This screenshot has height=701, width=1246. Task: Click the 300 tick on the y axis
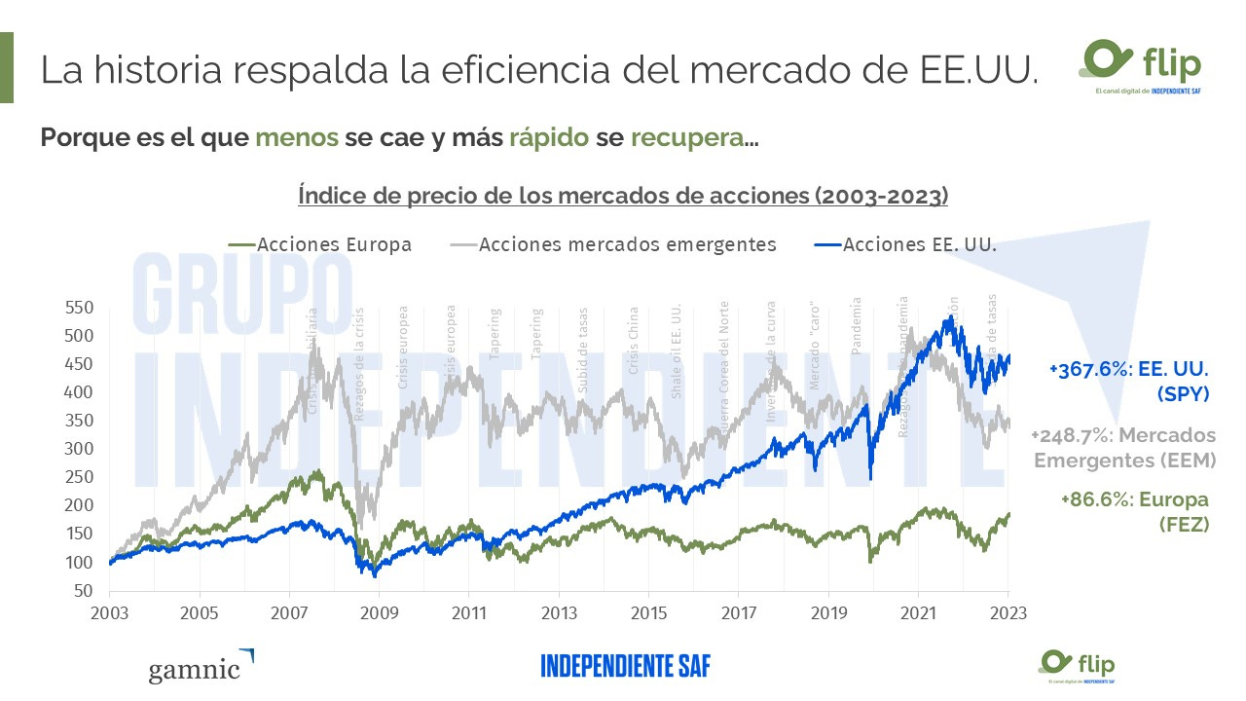(78, 450)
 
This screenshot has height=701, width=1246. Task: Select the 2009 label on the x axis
(378, 614)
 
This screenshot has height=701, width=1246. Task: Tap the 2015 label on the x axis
(648, 614)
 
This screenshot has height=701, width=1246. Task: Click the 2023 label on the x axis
(1007, 614)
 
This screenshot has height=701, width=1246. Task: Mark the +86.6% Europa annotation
(1134, 511)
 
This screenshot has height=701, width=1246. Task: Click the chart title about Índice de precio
(623, 195)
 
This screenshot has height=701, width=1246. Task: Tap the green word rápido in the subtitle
(548, 137)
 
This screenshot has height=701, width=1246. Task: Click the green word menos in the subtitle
(297, 137)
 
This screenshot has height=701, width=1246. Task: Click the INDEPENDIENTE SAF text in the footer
(626, 667)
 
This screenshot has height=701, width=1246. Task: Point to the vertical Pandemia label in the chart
(858, 325)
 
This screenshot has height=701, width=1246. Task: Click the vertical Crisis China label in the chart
(634, 341)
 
